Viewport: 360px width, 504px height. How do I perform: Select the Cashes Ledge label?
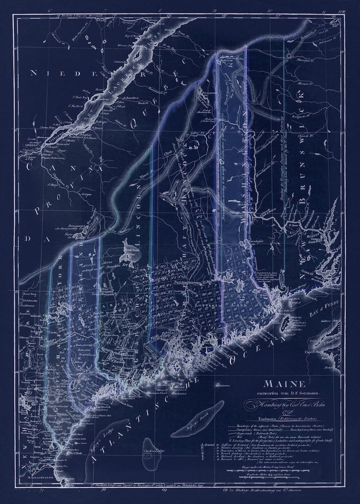click(151, 452)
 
